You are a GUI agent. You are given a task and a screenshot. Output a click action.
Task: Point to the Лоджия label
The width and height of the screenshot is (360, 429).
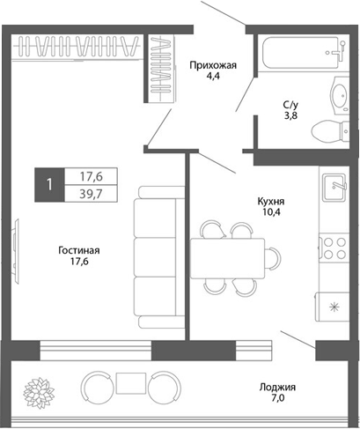[277, 387]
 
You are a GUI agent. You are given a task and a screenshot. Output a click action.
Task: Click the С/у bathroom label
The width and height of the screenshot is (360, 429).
[290, 104]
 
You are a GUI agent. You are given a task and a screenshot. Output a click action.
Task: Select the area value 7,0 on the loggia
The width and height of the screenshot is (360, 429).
[277, 400]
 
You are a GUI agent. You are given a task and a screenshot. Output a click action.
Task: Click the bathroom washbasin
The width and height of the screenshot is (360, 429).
[339, 94]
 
